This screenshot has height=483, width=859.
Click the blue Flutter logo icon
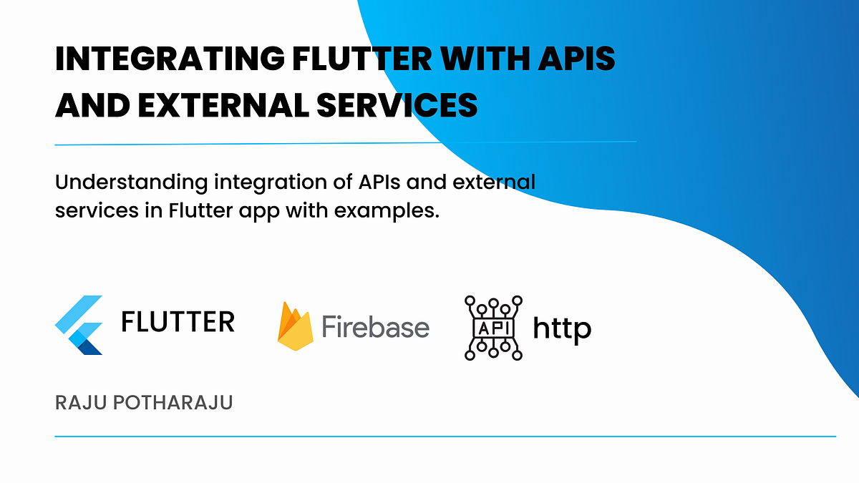click(79, 326)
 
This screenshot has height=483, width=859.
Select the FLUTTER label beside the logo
click(178, 323)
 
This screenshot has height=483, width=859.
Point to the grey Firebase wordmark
click(375, 327)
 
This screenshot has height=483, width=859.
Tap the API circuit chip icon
click(493, 326)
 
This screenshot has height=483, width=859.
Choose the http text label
click(562, 328)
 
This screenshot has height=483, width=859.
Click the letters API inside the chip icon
click(493, 327)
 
